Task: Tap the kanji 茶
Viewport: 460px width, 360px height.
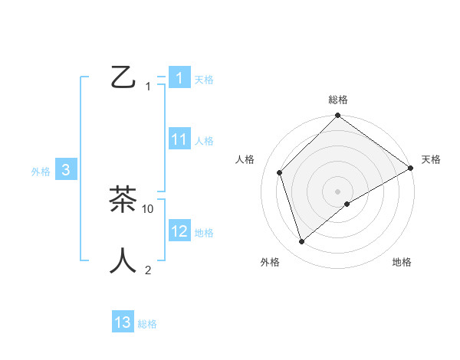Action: coord(123,199)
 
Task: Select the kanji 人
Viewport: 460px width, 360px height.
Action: coord(123,260)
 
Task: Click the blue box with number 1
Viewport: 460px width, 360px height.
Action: coord(179,77)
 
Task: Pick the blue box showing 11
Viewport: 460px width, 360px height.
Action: coord(179,139)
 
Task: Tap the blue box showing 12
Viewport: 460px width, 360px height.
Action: coord(179,231)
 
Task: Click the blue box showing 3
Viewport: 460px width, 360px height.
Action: coord(66,171)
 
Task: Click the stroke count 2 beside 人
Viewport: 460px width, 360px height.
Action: coord(148,270)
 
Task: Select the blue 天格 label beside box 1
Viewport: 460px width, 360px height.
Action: coord(204,79)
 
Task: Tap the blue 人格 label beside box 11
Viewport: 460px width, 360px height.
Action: coord(204,141)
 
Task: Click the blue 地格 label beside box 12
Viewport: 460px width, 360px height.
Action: coord(204,233)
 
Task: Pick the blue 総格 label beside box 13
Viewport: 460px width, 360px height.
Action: coord(147,324)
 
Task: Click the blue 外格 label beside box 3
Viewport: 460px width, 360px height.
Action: coord(41,172)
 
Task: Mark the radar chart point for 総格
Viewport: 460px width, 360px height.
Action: coord(337,116)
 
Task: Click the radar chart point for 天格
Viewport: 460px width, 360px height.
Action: coord(411,168)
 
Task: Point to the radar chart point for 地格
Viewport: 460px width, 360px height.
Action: coord(347,204)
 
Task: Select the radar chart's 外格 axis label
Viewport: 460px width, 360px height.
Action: coord(270,263)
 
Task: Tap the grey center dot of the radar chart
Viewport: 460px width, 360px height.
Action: coord(337,191)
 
